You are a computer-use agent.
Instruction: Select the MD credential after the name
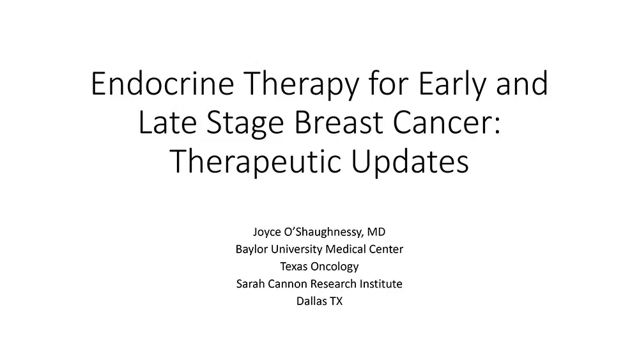(376, 232)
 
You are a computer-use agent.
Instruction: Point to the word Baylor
(252, 249)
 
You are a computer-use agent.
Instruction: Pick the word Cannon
(286, 283)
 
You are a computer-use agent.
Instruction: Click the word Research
(334, 283)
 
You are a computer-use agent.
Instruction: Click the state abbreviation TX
(335, 301)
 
